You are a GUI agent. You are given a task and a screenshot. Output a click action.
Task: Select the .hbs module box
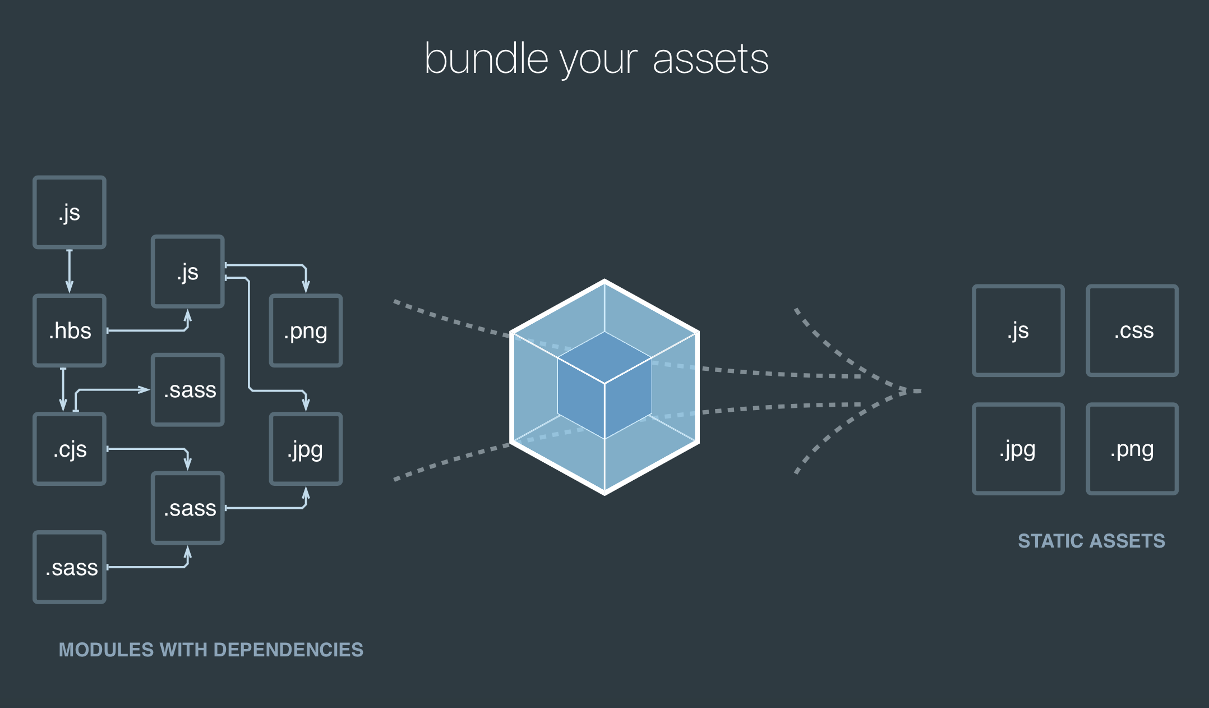[x=70, y=330]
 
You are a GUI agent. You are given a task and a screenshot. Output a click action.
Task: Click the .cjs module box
[x=70, y=449]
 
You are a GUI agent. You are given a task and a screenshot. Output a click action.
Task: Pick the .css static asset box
[x=1132, y=330]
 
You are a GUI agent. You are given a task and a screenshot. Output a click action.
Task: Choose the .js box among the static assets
[x=1018, y=330]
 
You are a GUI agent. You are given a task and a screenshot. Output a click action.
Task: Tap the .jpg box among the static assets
[x=1018, y=449]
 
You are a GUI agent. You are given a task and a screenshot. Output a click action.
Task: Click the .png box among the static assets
[x=1132, y=449]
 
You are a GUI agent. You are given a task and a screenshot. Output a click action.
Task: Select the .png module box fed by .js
[x=306, y=330]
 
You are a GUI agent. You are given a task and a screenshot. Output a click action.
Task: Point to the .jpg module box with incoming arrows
[x=306, y=449]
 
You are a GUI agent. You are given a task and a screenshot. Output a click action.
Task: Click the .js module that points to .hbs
[x=70, y=212]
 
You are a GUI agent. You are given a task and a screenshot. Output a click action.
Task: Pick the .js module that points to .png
[x=188, y=272]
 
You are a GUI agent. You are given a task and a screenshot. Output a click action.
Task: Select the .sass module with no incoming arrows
[x=70, y=567]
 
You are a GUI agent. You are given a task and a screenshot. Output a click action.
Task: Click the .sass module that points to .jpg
[x=188, y=508]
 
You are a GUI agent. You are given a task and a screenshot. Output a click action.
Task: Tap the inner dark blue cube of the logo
[x=604, y=385]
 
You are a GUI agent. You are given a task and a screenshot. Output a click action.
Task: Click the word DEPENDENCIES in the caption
[x=288, y=650]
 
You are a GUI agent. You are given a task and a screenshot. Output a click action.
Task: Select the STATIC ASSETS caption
[x=1091, y=541]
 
